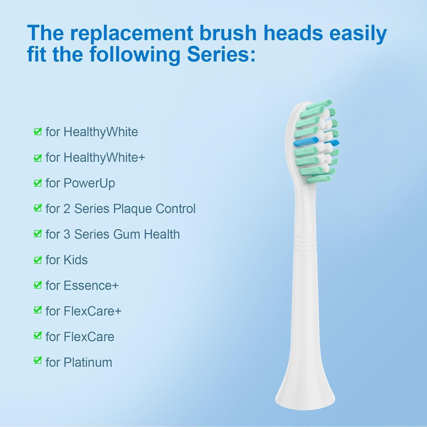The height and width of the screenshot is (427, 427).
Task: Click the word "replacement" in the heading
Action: pos(132,33)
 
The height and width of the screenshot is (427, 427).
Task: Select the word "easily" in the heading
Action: pos(358,33)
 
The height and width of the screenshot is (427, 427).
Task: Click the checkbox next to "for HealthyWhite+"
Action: pos(38,158)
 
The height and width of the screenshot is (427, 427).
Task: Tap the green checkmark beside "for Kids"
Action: pos(38,260)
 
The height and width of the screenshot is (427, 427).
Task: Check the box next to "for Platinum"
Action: pos(38,360)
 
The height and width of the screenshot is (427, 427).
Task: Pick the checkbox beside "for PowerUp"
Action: pos(38,183)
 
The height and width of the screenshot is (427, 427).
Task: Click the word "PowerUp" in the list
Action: pos(89,183)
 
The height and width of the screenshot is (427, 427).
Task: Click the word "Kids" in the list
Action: pos(75,260)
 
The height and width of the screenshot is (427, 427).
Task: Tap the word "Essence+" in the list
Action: pos(91,286)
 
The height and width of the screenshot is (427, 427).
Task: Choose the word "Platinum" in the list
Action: pos(88,362)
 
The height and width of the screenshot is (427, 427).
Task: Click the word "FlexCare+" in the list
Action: pos(93,311)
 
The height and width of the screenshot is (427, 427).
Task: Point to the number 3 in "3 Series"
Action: pos(67,234)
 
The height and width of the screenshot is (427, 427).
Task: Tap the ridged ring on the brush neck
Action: pos(305,243)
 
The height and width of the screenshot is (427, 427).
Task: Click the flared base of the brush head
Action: pos(305,393)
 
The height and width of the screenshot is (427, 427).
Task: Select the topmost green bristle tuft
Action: pos(319,104)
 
